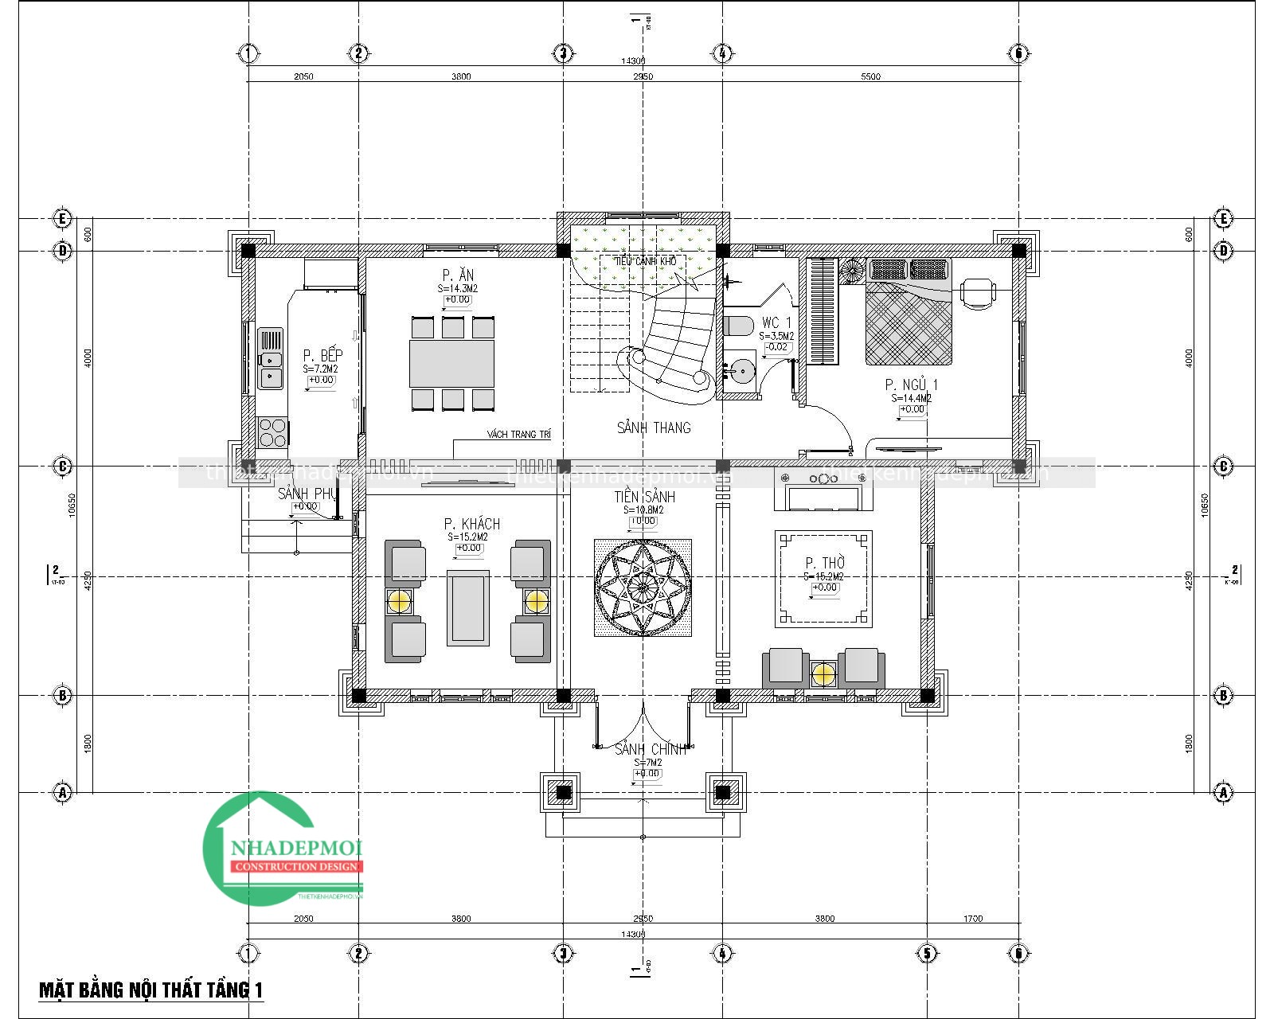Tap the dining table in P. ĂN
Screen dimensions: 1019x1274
[x=452, y=364]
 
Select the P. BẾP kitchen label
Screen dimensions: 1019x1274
[x=322, y=356]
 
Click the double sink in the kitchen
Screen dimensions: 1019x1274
[x=270, y=359]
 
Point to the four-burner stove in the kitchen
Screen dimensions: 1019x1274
[x=272, y=431]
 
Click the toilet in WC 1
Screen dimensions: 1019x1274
[x=738, y=326]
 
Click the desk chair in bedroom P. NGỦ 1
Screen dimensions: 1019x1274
[x=978, y=291]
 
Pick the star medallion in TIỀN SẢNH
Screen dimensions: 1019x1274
[x=643, y=588]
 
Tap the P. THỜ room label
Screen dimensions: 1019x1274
[x=825, y=563]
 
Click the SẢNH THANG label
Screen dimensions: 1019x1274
[x=654, y=428]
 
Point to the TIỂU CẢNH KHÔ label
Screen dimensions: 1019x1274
[x=645, y=261]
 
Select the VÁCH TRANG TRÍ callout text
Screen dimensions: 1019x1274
[x=519, y=435]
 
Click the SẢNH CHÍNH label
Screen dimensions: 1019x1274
[x=650, y=750]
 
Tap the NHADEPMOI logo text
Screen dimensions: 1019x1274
[x=297, y=850]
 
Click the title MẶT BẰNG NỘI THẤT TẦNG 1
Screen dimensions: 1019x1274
[x=151, y=990]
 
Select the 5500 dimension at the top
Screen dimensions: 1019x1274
[x=871, y=76]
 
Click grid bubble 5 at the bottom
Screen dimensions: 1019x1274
[x=927, y=953]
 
